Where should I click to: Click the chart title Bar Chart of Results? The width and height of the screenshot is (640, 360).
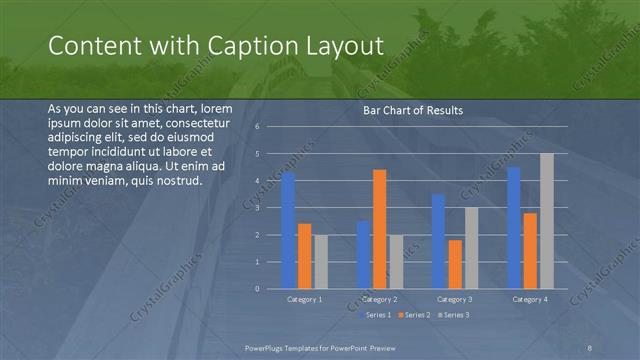pos(413,110)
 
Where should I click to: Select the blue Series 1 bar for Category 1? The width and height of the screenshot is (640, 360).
pos(288,231)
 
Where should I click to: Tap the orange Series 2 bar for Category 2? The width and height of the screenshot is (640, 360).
pos(379,229)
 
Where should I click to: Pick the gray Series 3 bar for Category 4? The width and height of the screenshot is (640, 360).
pos(546,221)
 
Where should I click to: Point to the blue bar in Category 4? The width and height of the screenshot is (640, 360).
pos(514,228)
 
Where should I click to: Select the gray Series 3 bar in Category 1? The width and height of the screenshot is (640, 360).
pos(320,262)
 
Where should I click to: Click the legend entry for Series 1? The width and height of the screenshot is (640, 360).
pos(375,315)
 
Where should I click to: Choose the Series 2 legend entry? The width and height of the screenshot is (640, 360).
pos(414,315)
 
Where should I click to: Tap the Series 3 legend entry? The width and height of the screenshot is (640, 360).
pos(452,315)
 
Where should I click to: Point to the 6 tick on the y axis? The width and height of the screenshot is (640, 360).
pos(257,127)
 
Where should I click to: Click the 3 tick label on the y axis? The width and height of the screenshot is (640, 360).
pos(257,208)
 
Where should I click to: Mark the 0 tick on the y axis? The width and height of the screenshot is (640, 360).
pos(257,289)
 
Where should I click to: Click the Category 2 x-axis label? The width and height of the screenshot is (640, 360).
pos(379,299)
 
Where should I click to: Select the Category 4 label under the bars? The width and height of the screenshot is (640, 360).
pos(530,299)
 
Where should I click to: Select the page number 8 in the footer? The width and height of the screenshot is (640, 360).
pos(590,346)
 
